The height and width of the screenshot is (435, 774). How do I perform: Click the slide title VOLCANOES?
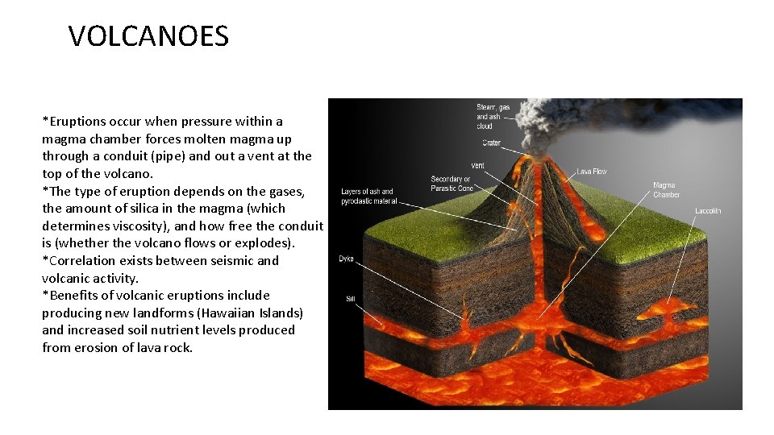pyautogui.click(x=148, y=36)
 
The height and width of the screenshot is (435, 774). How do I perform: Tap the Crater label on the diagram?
pyautogui.click(x=491, y=143)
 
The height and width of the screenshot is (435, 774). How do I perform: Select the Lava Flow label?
pyautogui.click(x=592, y=172)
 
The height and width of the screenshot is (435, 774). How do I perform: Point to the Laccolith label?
pyautogui.click(x=708, y=211)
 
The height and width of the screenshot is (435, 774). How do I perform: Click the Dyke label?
pyautogui.click(x=346, y=259)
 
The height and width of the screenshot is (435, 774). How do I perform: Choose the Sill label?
pyautogui.click(x=350, y=299)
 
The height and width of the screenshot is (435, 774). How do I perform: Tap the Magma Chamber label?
pyautogui.click(x=666, y=190)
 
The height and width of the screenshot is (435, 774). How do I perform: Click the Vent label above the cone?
pyautogui.click(x=477, y=166)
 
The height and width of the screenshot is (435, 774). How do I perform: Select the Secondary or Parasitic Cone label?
pyautogui.click(x=451, y=184)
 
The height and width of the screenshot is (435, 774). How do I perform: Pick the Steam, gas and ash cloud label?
pyautogui.click(x=493, y=117)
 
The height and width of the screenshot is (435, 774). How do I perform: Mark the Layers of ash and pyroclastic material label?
pyautogui.click(x=368, y=197)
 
